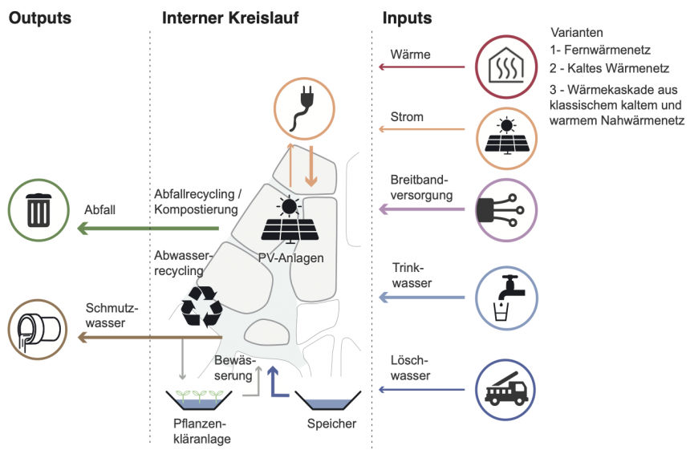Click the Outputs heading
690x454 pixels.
click(x=39, y=18)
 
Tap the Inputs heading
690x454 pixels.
click(x=407, y=18)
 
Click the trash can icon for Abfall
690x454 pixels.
click(x=38, y=211)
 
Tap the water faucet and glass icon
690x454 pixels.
click(x=505, y=298)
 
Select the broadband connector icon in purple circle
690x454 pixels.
click(x=505, y=209)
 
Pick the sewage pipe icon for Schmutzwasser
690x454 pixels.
click(x=38, y=329)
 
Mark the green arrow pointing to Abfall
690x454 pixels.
click(x=148, y=229)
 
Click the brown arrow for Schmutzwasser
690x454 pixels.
click(x=148, y=338)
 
